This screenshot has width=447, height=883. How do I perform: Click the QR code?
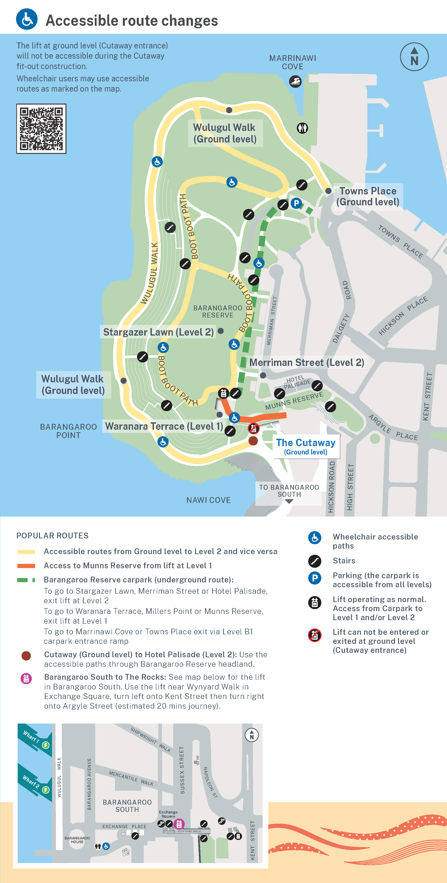click(x=41, y=129)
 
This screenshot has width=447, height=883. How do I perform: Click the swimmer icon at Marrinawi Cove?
click(x=295, y=82)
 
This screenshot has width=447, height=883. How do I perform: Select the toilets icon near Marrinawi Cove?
click(x=302, y=128)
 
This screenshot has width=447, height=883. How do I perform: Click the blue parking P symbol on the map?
click(x=296, y=203)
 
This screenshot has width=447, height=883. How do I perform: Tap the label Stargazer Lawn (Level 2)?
click(x=158, y=332)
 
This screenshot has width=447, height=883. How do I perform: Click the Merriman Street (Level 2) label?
click(x=307, y=362)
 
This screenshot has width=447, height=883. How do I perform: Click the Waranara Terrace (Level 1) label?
click(x=164, y=426)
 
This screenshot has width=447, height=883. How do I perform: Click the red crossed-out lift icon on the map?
click(x=253, y=428)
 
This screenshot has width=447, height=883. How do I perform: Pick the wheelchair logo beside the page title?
click(x=27, y=19)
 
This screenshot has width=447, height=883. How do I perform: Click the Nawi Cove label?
click(x=208, y=500)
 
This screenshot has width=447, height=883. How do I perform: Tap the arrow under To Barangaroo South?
click(x=289, y=502)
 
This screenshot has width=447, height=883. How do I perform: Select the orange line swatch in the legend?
click(x=26, y=565)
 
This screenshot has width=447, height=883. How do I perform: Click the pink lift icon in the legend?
click(x=26, y=678)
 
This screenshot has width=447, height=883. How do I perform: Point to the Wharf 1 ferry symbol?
click(x=46, y=745)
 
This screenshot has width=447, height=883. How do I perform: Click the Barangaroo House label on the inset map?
click(x=77, y=840)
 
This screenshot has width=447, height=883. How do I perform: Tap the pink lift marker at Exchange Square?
click(x=179, y=824)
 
